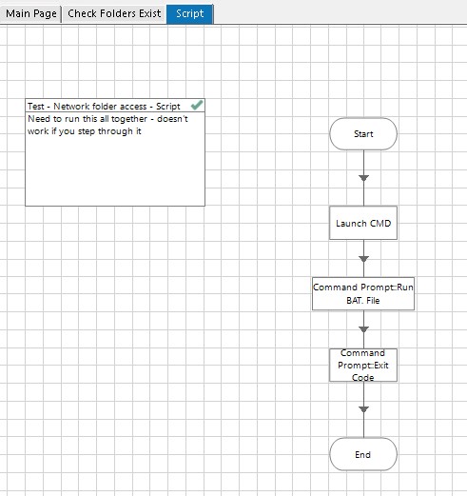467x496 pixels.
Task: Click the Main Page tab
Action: pos(30,13)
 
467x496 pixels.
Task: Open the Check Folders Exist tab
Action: pos(114,13)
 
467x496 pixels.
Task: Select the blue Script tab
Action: pos(190,13)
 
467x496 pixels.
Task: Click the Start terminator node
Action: pos(363,134)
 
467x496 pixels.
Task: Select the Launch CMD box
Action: pos(363,223)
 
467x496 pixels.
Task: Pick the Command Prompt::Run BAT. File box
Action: pos(363,294)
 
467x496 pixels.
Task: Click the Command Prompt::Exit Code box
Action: pos(363,366)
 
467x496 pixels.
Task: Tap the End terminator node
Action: pos(363,454)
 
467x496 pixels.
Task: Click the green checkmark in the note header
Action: pos(197,105)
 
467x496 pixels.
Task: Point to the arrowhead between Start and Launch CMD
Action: pos(363,178)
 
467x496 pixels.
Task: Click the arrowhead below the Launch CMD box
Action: pos(363,259)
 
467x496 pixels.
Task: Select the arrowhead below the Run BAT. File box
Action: pos(363,329)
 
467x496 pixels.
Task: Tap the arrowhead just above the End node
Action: pos(363,409)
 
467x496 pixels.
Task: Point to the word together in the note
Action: pos(129,119)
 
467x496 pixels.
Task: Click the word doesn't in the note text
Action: pos(172,119)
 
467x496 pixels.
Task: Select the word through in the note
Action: pos(115,131)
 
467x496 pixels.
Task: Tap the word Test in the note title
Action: pos(35,107)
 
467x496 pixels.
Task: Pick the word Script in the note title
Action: pos(168,107)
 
